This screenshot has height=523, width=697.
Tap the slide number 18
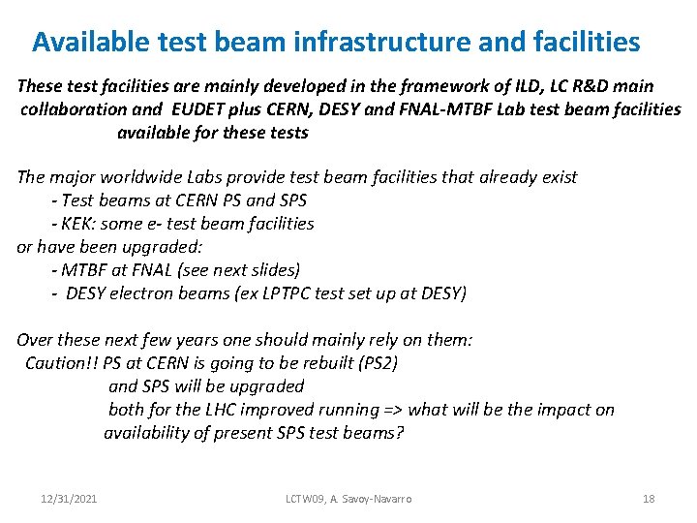[649, 499]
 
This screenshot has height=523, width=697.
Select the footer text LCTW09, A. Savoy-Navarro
[348, 499]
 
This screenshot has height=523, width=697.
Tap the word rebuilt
[296, 363]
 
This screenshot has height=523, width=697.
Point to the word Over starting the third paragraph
[35, 340]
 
